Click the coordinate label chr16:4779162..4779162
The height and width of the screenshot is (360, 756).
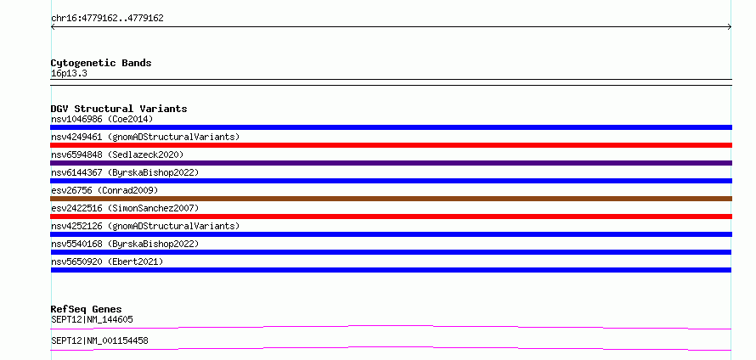pos(107,19)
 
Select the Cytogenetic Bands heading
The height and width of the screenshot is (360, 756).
pos(101,63)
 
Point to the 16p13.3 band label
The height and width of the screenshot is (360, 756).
pos(69,74)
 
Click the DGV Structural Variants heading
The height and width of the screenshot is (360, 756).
pos(119,109)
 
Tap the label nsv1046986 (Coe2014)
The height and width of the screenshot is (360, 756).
pos(102,119)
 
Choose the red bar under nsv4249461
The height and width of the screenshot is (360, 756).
pos(391,145)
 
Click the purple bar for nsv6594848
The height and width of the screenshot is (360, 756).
pos(391,163)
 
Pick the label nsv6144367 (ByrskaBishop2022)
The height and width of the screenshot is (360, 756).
pos(125,172)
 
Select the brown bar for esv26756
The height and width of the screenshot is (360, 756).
pos(391,199)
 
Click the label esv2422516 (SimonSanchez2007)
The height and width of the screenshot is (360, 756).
pos(125,208)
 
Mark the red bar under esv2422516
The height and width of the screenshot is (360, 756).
pos(391,217)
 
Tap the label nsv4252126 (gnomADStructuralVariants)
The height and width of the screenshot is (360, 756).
pos(145,226)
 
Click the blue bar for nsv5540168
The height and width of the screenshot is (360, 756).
pos(391,252)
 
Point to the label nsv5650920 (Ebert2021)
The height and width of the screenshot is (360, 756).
pos(107,262)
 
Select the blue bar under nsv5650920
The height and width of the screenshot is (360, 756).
pos(391,270)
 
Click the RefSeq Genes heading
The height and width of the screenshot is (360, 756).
pos(87,309)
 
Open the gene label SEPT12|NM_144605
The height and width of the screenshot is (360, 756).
pos(92,319)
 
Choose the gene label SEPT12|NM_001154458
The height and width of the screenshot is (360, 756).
pos(99,340)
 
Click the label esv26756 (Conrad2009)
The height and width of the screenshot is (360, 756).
pos(104,190)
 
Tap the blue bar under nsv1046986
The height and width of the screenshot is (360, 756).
pos(391,127)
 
